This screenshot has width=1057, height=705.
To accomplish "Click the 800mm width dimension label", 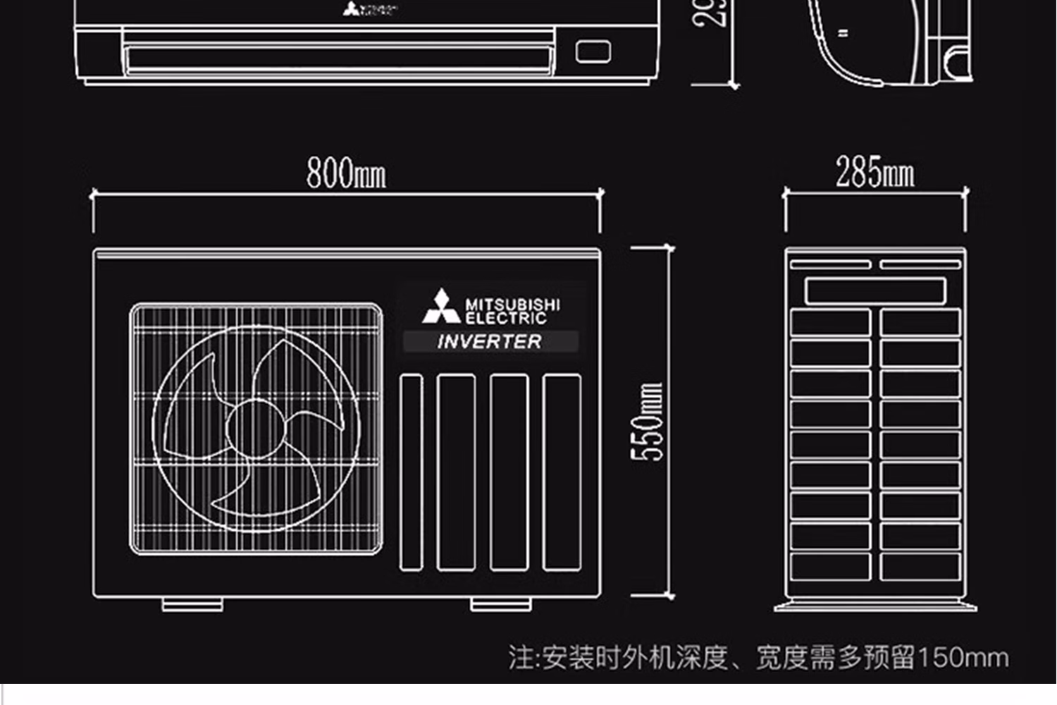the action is coord(346,173).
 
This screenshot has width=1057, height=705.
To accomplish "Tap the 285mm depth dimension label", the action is coord(874,173).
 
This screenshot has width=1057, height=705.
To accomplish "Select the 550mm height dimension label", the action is coord(648,422).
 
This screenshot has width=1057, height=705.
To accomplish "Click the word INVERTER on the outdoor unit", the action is coord(490,342).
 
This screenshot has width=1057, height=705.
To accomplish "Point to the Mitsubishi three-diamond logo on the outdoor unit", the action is coord(441,307).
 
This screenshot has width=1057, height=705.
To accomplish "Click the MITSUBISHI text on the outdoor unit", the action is coord(512,305).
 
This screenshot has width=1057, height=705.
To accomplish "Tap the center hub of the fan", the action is coord(254,428).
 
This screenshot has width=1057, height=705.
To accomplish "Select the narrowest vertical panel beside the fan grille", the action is coord(412,472).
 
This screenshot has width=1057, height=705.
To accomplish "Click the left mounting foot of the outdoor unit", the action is coord(192,604).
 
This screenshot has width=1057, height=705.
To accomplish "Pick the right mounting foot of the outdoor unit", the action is coord(501,604).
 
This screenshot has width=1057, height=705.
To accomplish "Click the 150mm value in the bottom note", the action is coord(963,658).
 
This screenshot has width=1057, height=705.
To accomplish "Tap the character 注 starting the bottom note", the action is coord(521,658).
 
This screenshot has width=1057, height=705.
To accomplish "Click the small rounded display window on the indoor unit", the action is coord(593,51).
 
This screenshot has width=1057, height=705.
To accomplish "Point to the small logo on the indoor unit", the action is coord(370,9).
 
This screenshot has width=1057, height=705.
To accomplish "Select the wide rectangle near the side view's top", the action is coord(875,290).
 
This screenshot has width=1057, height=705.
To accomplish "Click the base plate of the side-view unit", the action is coord(875,606).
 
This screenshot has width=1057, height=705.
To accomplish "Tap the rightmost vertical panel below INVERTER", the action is coord(562,472).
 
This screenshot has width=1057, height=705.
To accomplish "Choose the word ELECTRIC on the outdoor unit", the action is coord(506,318).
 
